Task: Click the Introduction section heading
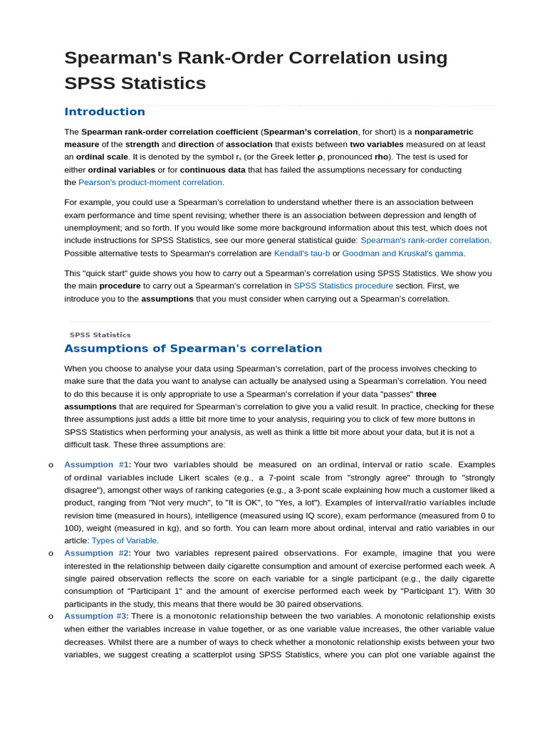point(105,112)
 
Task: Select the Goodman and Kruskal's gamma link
point(403,253)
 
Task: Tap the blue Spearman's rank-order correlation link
point(425,241)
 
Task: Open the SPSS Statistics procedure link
point(343,286)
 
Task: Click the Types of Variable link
point(124,541)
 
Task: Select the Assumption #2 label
point(97,553)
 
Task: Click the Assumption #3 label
point(96,616)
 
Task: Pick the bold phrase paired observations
point(294,553)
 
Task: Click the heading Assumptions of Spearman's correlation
point(193,349)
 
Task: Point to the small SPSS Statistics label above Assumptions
point(100,335)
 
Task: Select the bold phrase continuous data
point(212,170)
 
